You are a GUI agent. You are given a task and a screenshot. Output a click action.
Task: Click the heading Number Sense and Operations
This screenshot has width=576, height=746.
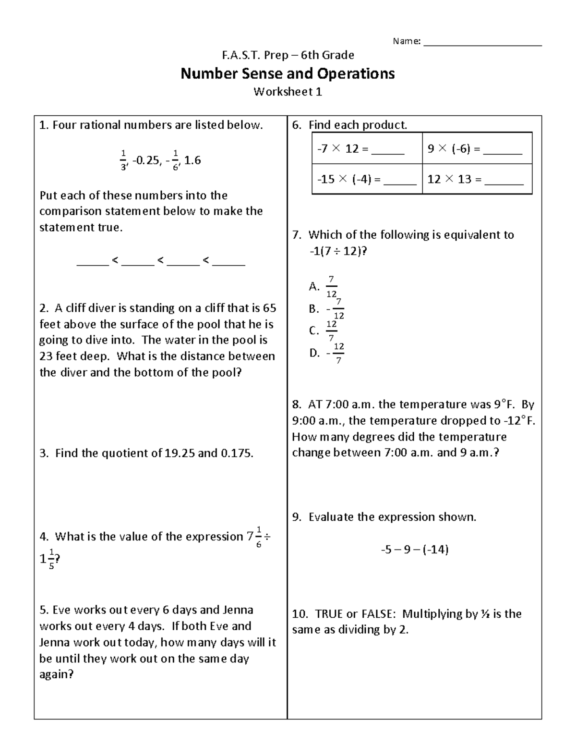tap(288, 73)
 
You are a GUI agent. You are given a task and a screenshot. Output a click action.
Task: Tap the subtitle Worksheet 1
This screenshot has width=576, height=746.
tap(288, 92)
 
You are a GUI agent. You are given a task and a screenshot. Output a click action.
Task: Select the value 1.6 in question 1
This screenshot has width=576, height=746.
tap(192, 160)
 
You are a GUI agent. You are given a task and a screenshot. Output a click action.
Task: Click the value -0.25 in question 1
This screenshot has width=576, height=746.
tap(145, 160)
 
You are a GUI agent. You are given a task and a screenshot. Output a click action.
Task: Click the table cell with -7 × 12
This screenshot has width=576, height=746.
tap(367, 148)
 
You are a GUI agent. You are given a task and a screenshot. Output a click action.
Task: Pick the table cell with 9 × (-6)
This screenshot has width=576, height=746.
tap(477, 148)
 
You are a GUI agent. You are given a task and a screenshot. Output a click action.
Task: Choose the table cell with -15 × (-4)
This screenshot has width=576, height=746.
tap(367, 179)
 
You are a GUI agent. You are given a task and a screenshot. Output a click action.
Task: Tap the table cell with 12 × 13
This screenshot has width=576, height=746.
tap(477, 179)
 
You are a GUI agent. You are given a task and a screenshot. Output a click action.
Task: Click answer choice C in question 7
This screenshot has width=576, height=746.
tap(324, 330)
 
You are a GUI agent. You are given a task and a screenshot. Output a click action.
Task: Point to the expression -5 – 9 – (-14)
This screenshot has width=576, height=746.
tap(414, 549)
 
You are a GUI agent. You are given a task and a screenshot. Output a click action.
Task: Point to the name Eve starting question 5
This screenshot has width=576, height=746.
tap(61, 610)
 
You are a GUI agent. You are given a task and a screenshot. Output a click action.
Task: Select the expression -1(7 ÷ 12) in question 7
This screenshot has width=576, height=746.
tap(337, 251)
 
